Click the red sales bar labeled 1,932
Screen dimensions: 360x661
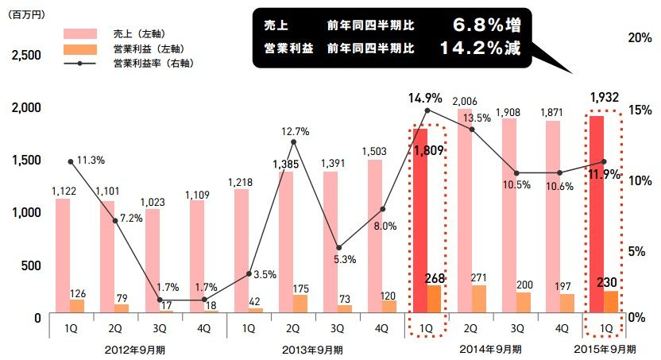[597, 215]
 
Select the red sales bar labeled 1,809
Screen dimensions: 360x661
[419, 223]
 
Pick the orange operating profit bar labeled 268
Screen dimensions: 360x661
[434, 300]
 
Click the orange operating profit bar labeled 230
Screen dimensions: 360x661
[611, 303]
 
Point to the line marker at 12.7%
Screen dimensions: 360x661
[294, 141]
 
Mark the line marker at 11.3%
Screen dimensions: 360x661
[71, 161]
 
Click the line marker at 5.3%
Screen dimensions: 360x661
[338, 248]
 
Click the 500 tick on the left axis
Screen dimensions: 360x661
[30, 265]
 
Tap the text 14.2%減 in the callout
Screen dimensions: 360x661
[481, 48]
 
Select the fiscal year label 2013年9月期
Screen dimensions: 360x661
[313, 348]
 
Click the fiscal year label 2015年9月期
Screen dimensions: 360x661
[605, 348]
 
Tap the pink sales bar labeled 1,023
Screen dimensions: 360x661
[152, 262]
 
